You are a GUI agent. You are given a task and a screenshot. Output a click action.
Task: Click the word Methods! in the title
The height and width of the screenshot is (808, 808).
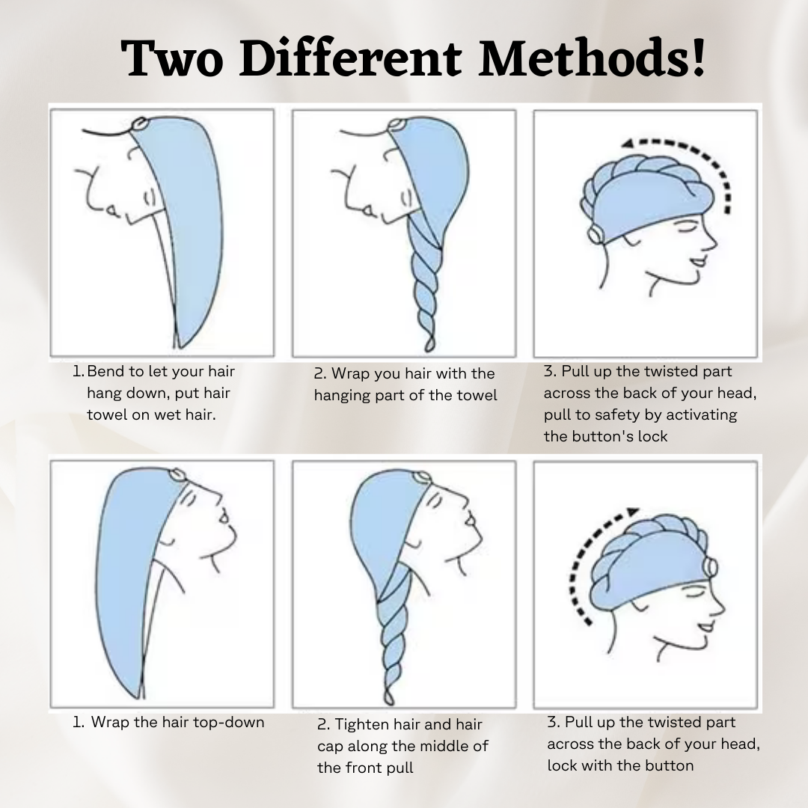click(x=592, y=58)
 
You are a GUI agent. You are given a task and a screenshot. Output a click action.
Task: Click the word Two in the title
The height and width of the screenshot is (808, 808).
click(x=171, y=59)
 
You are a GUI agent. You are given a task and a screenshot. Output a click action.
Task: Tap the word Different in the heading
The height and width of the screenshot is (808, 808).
click(x=350, y=58)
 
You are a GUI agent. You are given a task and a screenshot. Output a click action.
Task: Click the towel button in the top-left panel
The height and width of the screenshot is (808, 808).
click(x=139, y=124)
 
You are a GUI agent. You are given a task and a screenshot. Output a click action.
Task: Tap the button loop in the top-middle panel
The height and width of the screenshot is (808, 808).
click(x=396, y=125)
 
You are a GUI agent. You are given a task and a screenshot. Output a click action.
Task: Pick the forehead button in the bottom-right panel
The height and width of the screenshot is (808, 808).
click(x=711, y=567)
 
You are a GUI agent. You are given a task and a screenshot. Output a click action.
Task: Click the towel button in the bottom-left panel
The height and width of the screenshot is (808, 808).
click(x=177, y=474)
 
